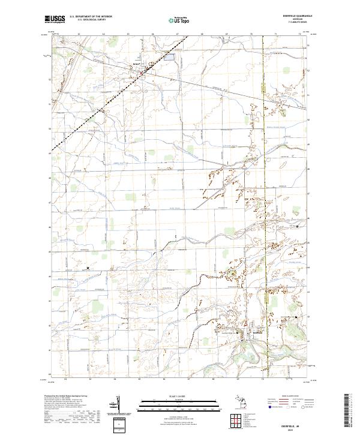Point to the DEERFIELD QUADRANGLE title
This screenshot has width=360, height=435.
(x=295, y=17)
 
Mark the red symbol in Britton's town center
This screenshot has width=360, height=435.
(x=141, y=74)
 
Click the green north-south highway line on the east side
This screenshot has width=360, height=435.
(x=265, y=180)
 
